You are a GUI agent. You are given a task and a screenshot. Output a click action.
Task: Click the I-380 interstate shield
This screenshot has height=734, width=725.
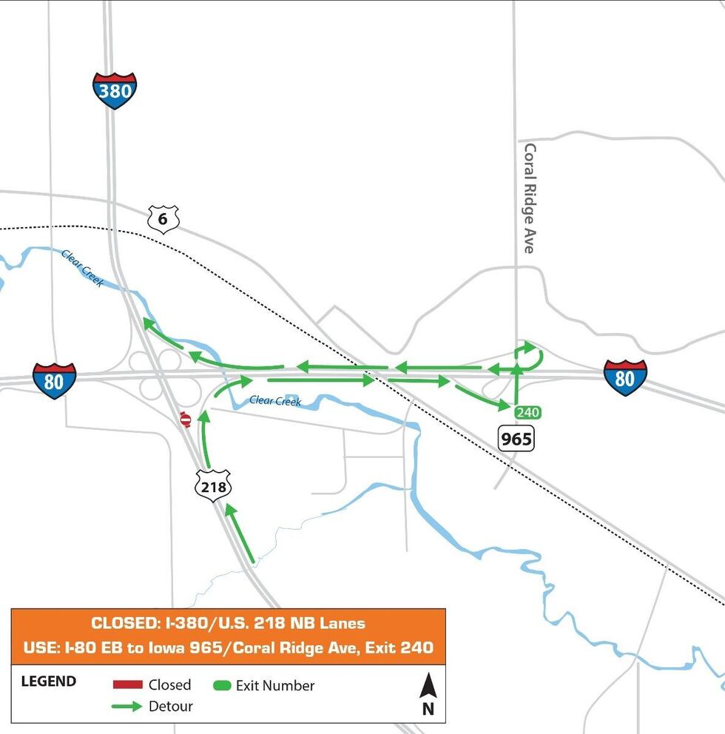[x=115, y=91]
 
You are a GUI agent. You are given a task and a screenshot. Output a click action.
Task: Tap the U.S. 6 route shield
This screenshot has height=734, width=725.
[x=163, y=219]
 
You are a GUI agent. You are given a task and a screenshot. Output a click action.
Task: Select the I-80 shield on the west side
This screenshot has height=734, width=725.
[x=54, y=381]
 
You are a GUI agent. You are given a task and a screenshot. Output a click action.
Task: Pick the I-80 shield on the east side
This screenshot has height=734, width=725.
[x=625, y=377]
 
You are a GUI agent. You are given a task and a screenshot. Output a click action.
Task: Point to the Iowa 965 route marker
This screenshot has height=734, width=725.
[x=516, y=439]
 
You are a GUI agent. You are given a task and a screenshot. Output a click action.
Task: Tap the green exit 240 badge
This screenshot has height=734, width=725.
[x=527, y=412]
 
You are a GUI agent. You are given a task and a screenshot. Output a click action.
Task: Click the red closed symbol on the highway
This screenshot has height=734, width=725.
[x=186, y=420]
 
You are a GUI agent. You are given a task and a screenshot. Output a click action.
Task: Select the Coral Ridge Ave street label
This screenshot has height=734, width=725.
[x=529, y=198]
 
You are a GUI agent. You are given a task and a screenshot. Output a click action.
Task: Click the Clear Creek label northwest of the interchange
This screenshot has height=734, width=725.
[x=82, y=267]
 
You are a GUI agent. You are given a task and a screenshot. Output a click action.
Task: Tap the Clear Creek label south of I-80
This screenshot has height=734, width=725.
[x=275, y=400]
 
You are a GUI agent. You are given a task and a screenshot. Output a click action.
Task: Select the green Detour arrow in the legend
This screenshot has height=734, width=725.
[x=127, y=707]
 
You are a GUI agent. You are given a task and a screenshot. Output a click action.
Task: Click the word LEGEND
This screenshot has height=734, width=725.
[x=48, y=681]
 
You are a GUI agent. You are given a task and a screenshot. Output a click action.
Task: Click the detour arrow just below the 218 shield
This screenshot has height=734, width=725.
[x=240, y=533]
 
